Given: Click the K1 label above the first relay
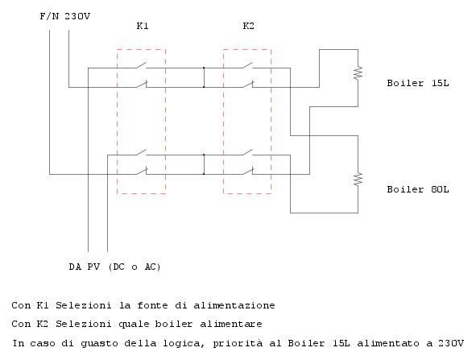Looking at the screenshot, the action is tap(143, 26).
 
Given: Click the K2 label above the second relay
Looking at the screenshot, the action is tap(248, 26).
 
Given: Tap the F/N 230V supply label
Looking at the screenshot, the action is tap(65, 16).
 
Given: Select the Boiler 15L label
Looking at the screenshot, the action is tap(418, 83).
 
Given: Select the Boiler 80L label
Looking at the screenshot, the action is tap(418, 189).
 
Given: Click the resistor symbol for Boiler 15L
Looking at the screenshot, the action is tap(358, 72).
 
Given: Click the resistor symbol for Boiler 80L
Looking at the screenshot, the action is tap(358, 179).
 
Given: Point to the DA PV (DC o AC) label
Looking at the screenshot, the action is tap(114, 267).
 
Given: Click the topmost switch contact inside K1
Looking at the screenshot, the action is tap(141, 65).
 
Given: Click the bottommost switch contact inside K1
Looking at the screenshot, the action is tap(142, 171).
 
